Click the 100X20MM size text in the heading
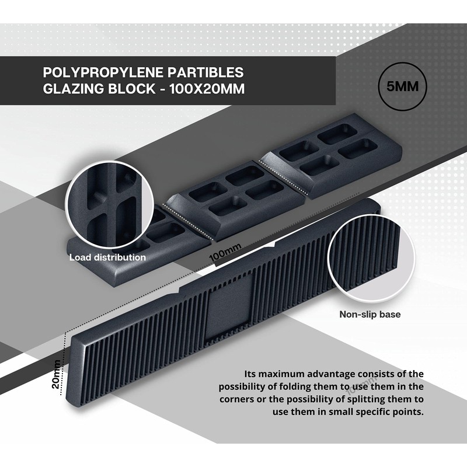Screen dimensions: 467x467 pyautogui.click(x=207, y=89)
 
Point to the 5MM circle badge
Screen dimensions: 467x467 pyautogui.click(x=402, y=86)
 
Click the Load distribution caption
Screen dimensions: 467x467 pyautogui.click(x=107, y=257)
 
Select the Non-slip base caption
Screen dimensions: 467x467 pyautogui.click(x=370, y=314)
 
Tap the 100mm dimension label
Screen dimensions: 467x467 pyautogui.click(x=225, y=253)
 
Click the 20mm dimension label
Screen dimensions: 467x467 pyautogui.click(x=56, y=374)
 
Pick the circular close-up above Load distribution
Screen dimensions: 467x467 pyautogui.click(x=109, y=205)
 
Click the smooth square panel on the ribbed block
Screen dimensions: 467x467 pyautogui.click(x=229, y=306)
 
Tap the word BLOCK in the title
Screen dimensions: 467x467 pyautogui.click(x=132, y=89)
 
